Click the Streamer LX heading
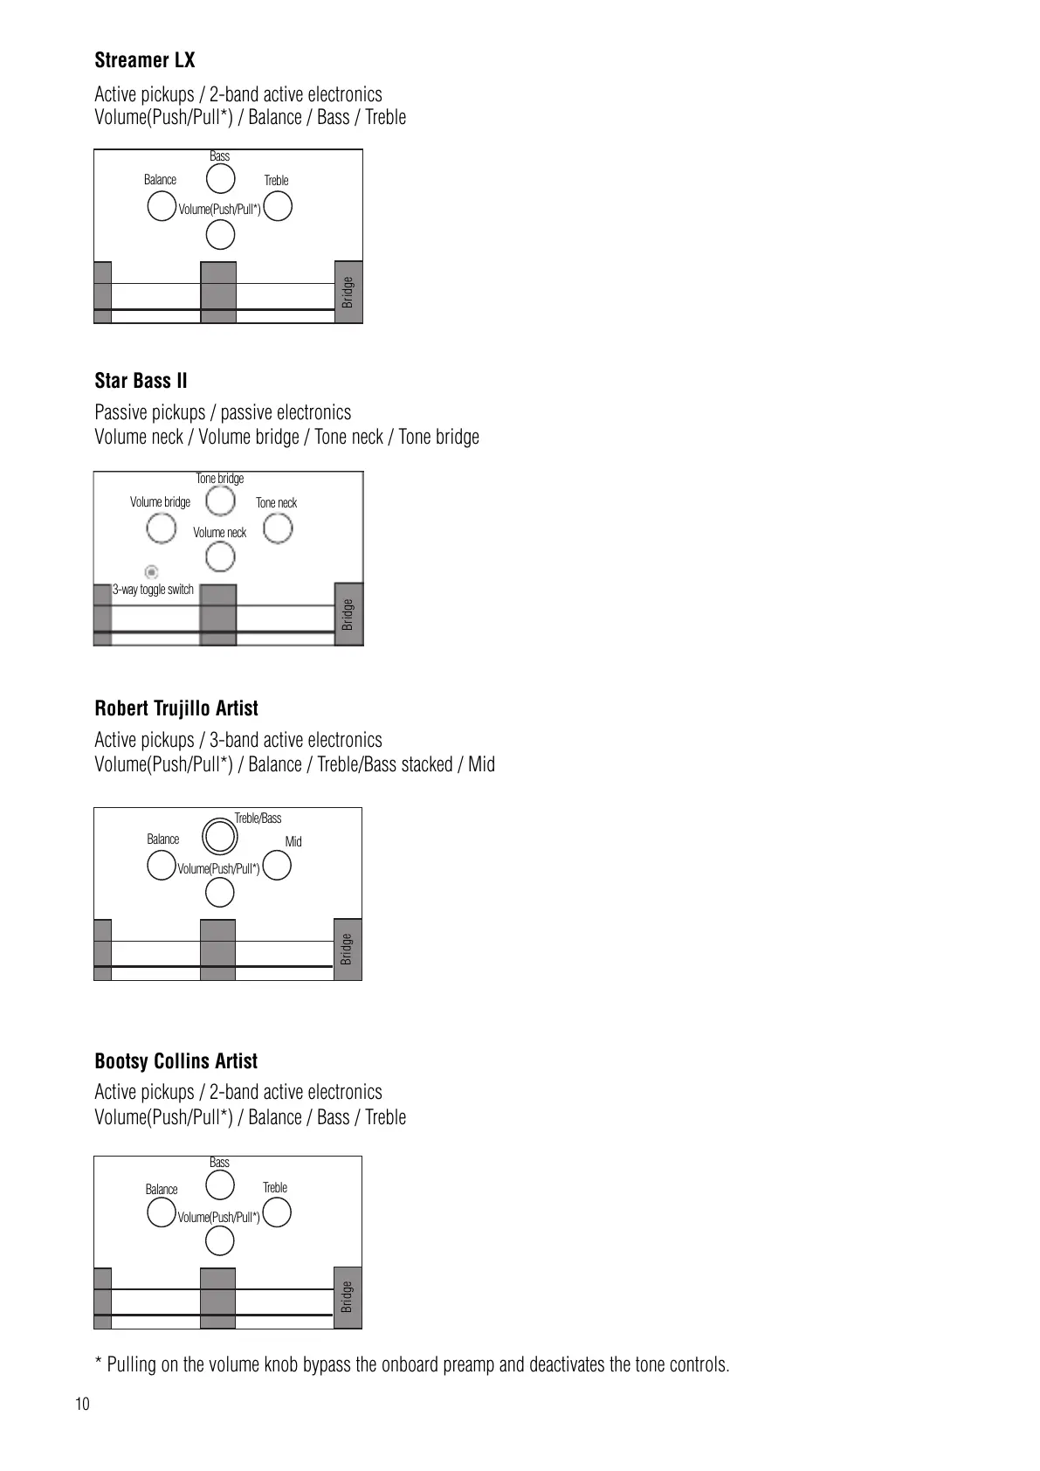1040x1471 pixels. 145,60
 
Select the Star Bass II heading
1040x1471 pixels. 141,381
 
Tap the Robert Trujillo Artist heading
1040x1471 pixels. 176,708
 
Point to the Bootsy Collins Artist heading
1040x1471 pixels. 176,1061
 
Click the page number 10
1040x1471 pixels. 82,1405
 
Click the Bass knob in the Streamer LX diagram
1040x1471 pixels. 220,178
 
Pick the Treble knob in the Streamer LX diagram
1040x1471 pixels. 278,207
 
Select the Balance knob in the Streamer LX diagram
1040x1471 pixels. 161,207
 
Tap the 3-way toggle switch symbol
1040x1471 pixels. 152,572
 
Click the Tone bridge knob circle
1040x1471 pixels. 220,501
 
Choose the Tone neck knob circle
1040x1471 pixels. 278,528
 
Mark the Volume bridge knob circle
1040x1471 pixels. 161,528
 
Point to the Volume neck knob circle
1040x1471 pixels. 220,556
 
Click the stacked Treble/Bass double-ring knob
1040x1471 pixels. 219,836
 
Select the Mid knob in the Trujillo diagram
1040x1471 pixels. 277,866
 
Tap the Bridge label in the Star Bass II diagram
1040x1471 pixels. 348,614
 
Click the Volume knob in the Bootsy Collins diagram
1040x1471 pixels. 219,1240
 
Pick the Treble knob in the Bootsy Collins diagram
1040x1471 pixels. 277,1213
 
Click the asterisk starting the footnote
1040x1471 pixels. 99,1363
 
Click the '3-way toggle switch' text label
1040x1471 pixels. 153,590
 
